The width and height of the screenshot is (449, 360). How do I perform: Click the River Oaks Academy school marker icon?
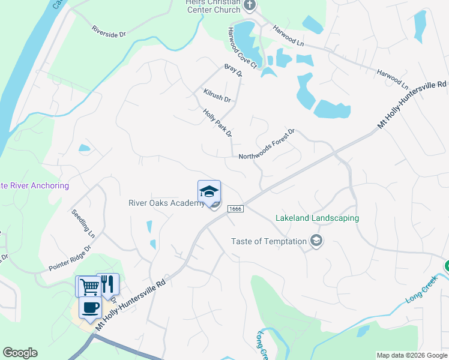point(209,191)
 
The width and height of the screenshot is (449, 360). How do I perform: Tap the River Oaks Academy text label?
point(166,203)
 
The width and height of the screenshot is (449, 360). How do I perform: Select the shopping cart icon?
point(89,286)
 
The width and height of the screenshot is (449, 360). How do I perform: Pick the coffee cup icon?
point(90,308)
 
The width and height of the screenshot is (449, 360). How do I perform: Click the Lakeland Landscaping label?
point(317,218)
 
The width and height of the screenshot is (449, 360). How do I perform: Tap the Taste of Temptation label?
point(268,242)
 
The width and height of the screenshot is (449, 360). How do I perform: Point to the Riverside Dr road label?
point(109,32)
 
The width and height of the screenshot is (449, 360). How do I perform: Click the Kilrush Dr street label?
point(217,95)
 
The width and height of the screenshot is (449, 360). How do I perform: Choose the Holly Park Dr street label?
point(217,122)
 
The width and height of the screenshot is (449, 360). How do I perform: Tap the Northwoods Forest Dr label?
point(267,145)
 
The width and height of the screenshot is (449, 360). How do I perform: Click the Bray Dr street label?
point(233,71)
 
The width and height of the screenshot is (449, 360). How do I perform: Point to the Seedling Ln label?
point(83,221)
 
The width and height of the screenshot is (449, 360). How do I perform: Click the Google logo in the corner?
point(20,353)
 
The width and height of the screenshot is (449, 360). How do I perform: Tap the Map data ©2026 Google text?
point(412,355)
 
